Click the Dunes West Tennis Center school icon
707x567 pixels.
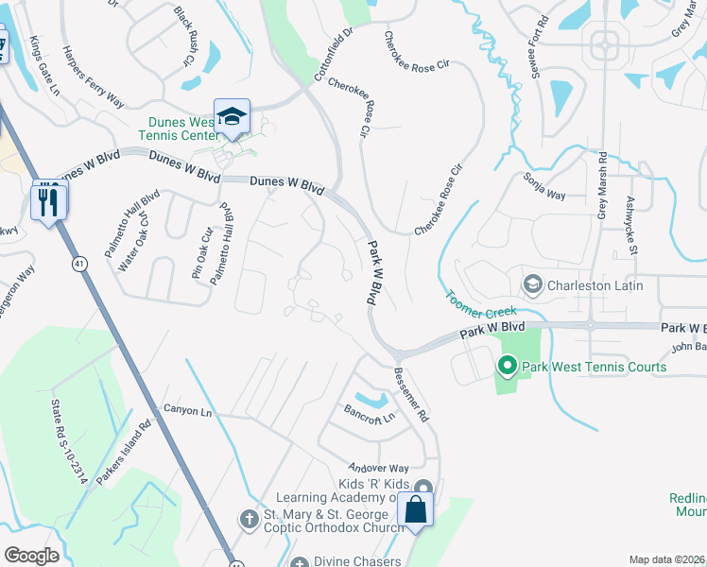pos(232,116)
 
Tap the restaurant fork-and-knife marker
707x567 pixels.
pos(49,200)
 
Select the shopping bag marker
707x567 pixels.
pos(415,510)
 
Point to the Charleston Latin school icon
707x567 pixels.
pos(533,284)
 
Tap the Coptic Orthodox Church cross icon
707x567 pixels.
pos(248,519)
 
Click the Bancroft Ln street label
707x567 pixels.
pos(368,414)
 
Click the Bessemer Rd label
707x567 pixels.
pos(411,394)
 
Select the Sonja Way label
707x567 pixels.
pos(543,187)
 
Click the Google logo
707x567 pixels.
pos(32,556)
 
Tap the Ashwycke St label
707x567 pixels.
pos(630,226)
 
